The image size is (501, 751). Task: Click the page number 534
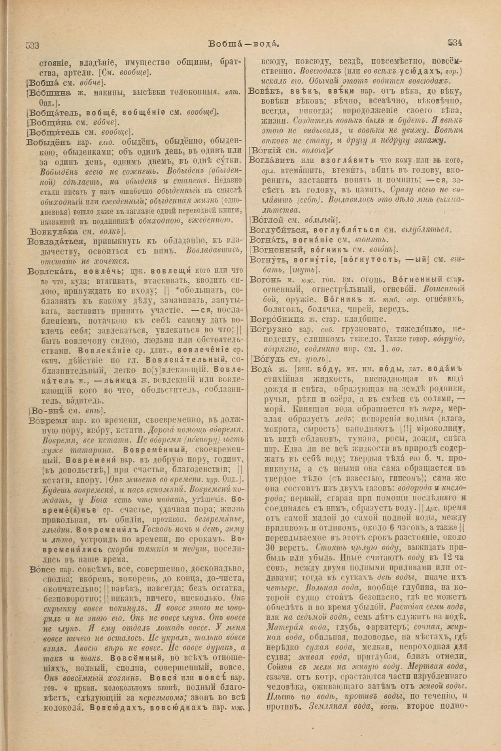click(455, 43)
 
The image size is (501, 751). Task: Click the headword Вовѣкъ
click(261, 92)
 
